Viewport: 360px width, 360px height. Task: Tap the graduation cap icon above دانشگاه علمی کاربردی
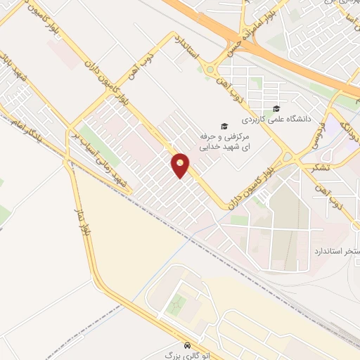click(276, 108)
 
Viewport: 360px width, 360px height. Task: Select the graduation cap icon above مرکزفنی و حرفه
click(224, 127)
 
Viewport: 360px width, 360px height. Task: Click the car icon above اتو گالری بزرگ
click(186, 347)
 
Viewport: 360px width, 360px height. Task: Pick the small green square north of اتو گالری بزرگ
click(178, 303)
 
